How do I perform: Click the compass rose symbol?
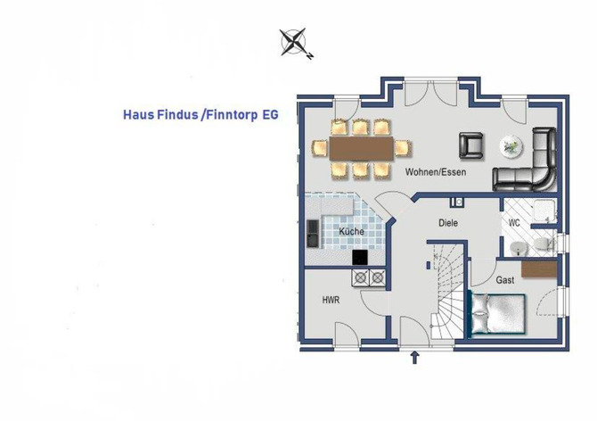[294, 43]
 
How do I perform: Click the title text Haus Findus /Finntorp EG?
[200, 115]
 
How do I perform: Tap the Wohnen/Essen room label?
[435, 171]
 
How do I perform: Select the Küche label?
[350, 231]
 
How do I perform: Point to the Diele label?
[448, 223]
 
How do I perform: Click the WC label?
[514, 222]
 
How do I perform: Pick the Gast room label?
[505, 280]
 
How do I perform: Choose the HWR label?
[331, 301]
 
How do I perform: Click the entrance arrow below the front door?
[414, 359]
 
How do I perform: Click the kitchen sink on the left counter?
[313, 234]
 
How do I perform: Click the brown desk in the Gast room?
[539, 268]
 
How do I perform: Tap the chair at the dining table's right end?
[402, 147]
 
